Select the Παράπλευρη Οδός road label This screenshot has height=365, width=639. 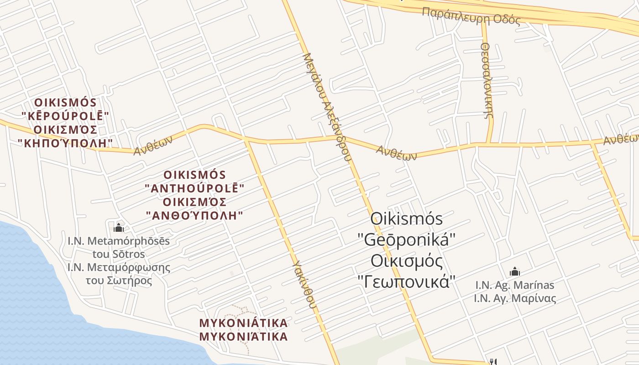click(x=471, y=16)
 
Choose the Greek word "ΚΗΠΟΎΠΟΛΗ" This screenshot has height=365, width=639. click(x=65, y=143)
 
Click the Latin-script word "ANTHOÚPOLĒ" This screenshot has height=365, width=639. click(x=195, y=188)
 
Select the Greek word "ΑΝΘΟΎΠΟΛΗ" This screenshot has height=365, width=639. click(x=195, y=215)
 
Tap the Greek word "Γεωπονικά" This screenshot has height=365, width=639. click(x=407, y=282)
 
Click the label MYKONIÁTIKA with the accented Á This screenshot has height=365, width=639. click(x=244, y=323)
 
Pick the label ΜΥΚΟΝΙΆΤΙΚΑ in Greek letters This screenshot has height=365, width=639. click(x=244, y=337)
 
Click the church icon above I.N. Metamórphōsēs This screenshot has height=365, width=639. click(x=119, y=227)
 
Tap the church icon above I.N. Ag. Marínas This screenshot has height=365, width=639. click(x=515, y=271)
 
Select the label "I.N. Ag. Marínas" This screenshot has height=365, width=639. click(x=515, y=285)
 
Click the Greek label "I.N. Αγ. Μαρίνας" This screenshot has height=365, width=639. click(x=515, y=299)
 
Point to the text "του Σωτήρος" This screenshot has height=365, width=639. click(x=119, y=281)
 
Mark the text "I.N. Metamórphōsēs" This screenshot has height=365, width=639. click(x=119, y=240)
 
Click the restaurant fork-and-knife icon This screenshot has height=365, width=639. click(x=493, y=362)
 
